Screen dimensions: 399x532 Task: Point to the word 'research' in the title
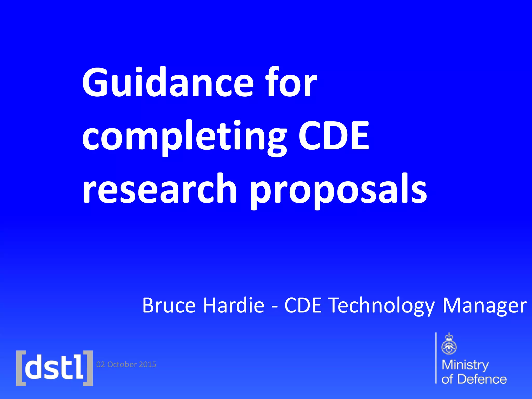pyautogui.click(x=159, y=189)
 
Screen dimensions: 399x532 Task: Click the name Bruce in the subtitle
pyautogui.click(x=169, y=305)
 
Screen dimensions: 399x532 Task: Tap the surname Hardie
pyautogui.click(x=234, y=305)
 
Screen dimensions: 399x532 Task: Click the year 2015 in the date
pyautogui.click(x=148, y=364)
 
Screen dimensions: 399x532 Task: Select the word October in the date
pyautogui.click(x=122, y=364)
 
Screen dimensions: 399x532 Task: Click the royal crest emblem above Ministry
pyautogui.click(x=449, y=344)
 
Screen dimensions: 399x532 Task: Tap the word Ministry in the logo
pyautogui.click(x=465, y=365)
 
